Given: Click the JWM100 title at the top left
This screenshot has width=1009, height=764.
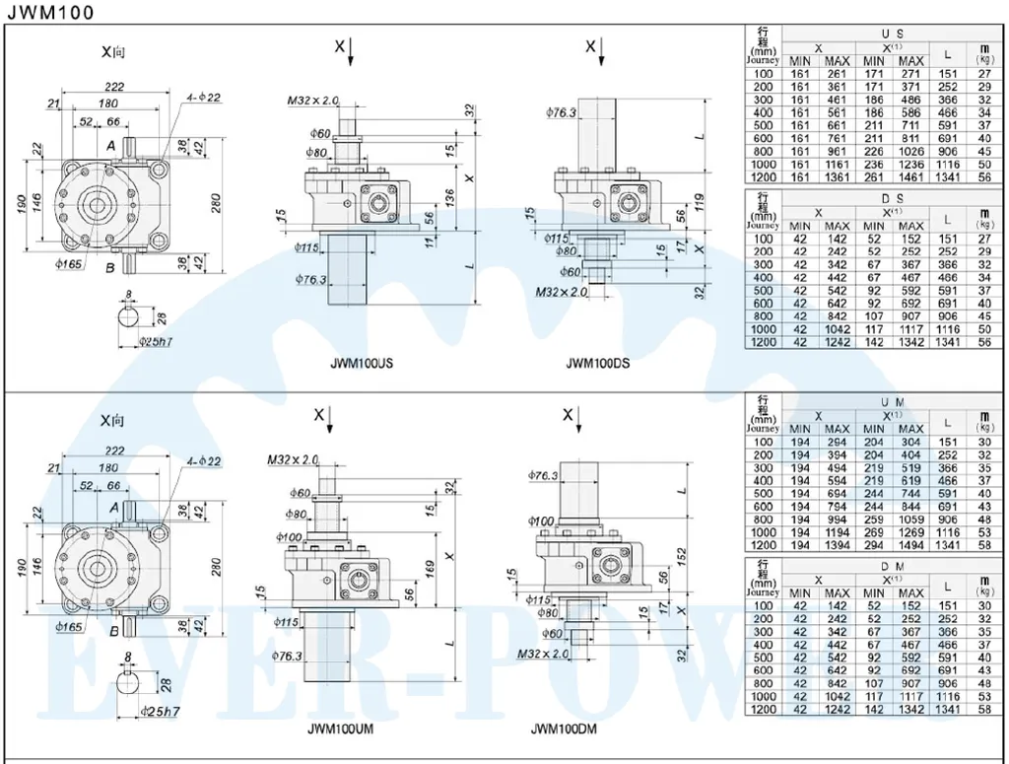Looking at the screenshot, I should [50, 12].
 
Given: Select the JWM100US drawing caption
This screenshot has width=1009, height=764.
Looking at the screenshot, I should [362, 363].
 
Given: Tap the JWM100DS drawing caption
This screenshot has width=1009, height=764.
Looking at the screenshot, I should [597, 363].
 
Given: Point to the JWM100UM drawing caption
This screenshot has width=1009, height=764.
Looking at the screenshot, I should [340, 730].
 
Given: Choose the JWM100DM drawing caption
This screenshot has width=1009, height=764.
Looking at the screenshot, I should [564, 730].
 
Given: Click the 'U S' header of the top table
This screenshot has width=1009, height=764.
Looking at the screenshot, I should [893, 34].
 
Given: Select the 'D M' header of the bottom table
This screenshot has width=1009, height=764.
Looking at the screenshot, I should [893, 567].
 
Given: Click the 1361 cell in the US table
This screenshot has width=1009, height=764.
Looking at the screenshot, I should [837, 177].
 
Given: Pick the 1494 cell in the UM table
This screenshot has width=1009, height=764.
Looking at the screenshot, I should [910, 545].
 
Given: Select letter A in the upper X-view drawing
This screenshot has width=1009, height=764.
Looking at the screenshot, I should [111, 144].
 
